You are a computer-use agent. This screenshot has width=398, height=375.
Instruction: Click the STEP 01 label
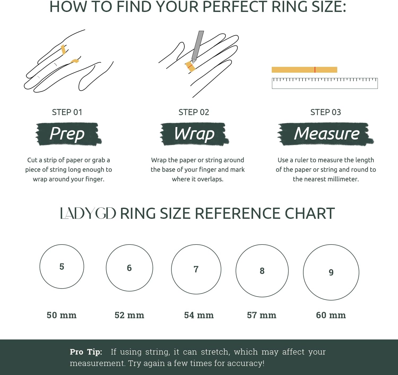[x=67, y=112]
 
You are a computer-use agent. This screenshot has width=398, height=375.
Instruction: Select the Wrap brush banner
[x=194, y=134]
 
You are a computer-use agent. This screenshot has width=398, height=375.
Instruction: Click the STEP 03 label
[x=326, y=112]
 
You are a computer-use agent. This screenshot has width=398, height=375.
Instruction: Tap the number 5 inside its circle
[x=62, y=267]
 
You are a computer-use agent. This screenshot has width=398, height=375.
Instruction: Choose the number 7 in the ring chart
[x=196, y=269]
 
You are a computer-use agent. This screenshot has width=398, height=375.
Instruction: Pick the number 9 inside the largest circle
[x=331, y=272]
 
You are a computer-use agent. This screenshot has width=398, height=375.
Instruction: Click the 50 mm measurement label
[x=62, y=315]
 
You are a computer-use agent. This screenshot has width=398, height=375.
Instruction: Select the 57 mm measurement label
[x=262, y=315]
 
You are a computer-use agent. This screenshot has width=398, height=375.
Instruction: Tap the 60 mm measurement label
[x=331, y=315]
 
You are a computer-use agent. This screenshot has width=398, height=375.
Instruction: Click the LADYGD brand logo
[x=88, y=213]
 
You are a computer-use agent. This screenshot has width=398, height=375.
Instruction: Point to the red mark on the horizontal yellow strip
[x=315, y=70]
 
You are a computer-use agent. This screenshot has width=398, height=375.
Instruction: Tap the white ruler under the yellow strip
[x=325, y=83]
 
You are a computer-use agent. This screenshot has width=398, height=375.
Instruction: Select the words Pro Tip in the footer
[x=86, y=352]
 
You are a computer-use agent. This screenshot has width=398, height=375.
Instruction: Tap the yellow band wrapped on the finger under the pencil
[x=190, y=67]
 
